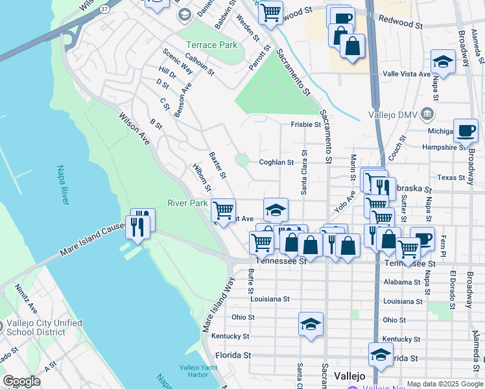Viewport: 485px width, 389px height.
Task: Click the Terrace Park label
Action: (x=211, y=45)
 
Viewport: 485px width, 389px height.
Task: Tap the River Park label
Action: (x=187, y=203)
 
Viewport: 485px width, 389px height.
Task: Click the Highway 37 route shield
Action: (x=105, y=9)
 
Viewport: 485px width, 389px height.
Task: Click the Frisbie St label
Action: (x=305, y=124)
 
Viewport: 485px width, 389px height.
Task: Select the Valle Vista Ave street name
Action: (x=407, y=74)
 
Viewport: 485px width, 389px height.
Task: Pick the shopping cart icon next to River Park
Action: (x=223, y=209)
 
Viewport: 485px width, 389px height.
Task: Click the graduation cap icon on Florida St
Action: (x=381, y=354)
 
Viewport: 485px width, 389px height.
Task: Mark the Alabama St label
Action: (x=398, y=283)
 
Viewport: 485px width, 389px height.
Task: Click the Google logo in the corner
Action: (x=21, y=381)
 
